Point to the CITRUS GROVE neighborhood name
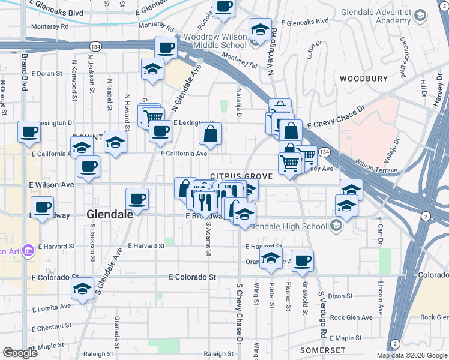coord(241,176)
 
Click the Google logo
coord(20,353)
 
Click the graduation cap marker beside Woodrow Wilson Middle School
coord(260,30)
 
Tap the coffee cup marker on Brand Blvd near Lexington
coord(29,132)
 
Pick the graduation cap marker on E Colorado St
coord(82,289)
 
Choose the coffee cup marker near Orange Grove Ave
coord(303,260)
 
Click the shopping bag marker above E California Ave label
coord(211,134)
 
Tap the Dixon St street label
coord(340,296)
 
